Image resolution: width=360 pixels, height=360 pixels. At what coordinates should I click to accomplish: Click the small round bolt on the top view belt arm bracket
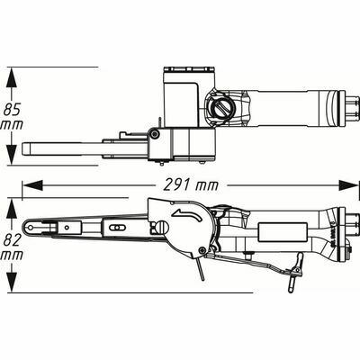point(155,134)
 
